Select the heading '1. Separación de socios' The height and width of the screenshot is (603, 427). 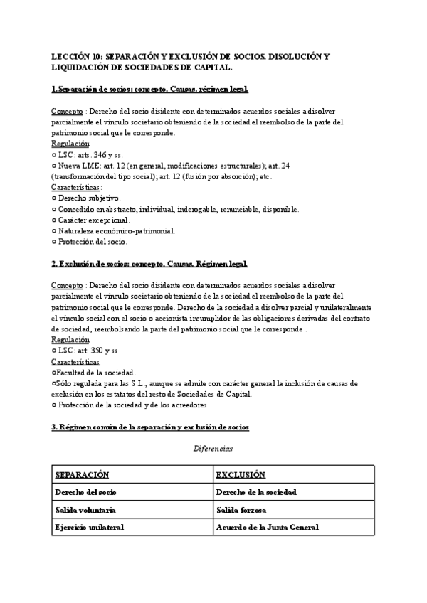[149, 89]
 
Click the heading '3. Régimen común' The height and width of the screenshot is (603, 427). [149, 427]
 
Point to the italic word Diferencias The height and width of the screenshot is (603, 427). [213, 449]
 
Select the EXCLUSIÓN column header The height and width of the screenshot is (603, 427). [241, 474]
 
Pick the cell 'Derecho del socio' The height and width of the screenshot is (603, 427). [85, 492]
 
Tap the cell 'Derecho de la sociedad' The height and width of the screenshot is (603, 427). [256, 492]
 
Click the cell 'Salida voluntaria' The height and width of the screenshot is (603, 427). [85, 510]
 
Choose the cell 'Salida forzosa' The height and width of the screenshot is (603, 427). [242, 510]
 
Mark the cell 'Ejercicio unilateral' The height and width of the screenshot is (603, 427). [89, 527]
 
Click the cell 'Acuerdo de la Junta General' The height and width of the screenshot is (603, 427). [267, 527]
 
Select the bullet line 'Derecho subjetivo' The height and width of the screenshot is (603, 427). [89, 198]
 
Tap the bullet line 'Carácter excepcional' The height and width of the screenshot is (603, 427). [93, 220]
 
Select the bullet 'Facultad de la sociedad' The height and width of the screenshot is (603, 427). [94, 373]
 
